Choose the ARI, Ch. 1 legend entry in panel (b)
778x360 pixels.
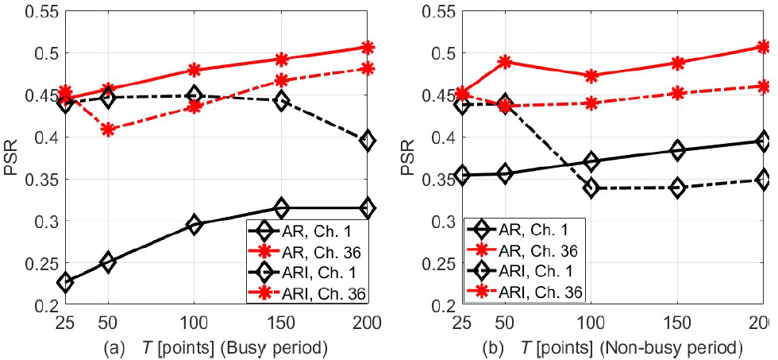click(x=535, y=271)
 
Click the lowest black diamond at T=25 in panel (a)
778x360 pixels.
click(x=65, y=282)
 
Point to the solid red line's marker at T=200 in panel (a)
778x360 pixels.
click(x=368, y=48)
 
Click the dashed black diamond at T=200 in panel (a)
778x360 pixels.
click(x=368, y=141)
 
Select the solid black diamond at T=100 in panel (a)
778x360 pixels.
click(x=194, y=225)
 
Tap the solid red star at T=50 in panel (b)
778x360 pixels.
click(x=504, y=61)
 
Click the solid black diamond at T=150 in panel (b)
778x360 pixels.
click(x=677, y=150)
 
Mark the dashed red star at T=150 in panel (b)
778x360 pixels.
click(x=677, y=92)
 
